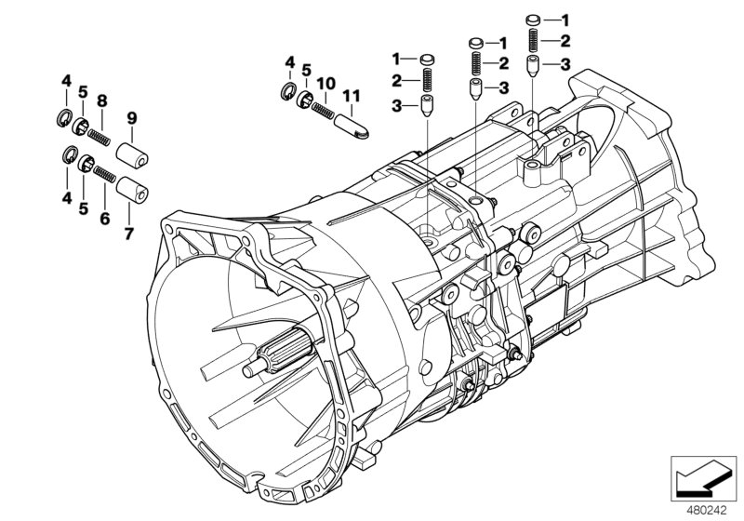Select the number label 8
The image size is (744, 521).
[103, 100]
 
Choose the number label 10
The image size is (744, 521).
[324, 84]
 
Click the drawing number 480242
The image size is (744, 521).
[710, 510]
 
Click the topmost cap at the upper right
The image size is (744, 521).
[534, 20]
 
